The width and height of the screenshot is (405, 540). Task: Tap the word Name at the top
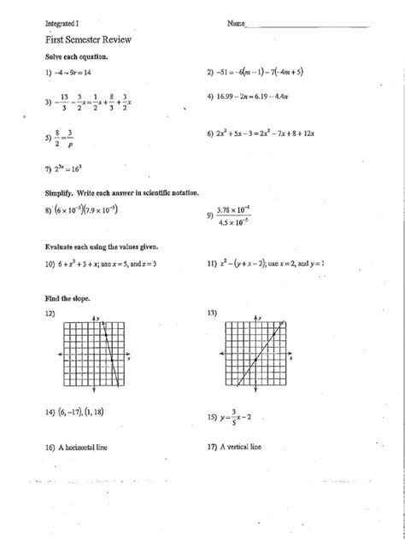[236, 23]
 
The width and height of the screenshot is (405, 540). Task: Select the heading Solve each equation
[76, 56]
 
